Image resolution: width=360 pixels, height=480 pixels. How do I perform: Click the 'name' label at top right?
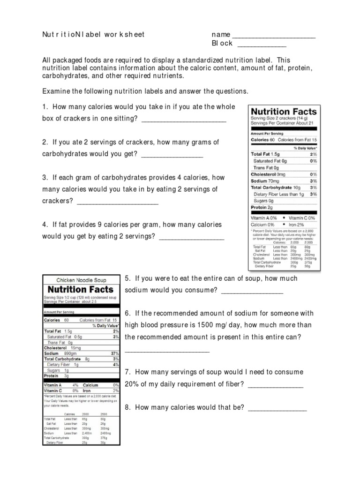[x=221, y=35]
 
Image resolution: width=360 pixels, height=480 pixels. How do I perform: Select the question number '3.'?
[x=45, y=178]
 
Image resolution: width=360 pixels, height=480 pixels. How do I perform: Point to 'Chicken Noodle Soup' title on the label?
[x=82, y=280]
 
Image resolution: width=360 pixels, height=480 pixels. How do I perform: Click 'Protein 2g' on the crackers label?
[x=262, y=207]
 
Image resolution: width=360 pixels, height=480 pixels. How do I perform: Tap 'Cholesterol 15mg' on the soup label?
[x=62, y=347]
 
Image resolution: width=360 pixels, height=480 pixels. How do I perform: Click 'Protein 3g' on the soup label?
[x=57, y=375]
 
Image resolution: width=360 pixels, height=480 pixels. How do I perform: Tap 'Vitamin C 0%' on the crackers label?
[x=303, y=218]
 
